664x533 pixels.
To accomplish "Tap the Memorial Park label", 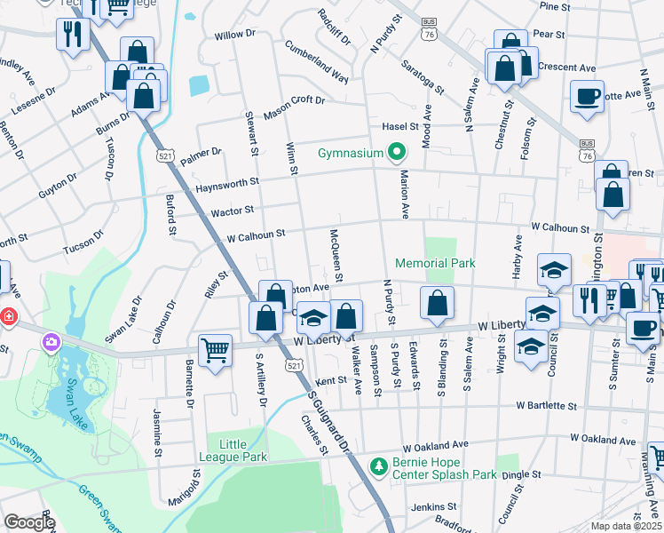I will pyautogui.click(x=435, y=263).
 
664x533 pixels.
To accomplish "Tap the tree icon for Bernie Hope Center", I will pyautogui.click(x=379, y=465).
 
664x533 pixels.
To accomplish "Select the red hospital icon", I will pyautogui.click(x=7, y=315).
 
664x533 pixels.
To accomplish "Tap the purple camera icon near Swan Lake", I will pyautogui.click(x=51, y=341).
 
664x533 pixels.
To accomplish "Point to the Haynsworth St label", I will pyautogui.click(x=227, y=182).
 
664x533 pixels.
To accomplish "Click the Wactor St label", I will pyautogui.click(x=233, y=211).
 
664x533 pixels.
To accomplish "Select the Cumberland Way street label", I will pyautogui.click(x=317, y=62).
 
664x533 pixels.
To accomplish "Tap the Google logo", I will pyautogui.click(x=29, y=522).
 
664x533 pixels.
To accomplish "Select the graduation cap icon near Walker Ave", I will pyautogui.click(x=313, y=317).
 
